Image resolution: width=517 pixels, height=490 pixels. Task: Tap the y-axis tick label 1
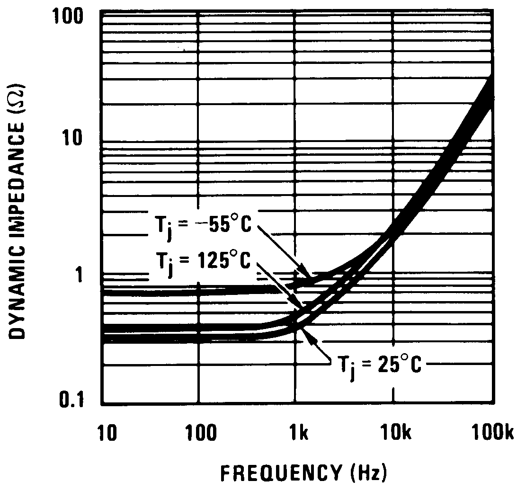point(86,275)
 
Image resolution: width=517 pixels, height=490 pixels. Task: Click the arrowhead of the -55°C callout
point(310,277)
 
